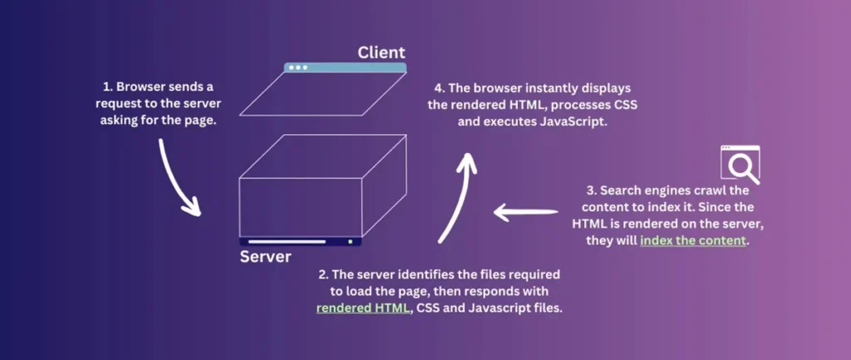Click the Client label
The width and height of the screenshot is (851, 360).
(381, 53)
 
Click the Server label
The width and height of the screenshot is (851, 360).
(266, 256)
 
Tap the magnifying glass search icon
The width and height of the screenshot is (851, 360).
(740, 165)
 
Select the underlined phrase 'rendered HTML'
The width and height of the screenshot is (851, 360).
(364, 308)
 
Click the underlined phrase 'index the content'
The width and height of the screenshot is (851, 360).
(694, 241)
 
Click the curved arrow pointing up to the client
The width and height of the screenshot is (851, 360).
(458, 196)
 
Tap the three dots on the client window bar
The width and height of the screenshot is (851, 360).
(297, 67)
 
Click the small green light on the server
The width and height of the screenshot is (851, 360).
(351, 242)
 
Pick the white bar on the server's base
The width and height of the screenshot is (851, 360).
(287, 242)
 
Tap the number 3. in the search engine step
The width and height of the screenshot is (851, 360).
(583, 190)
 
